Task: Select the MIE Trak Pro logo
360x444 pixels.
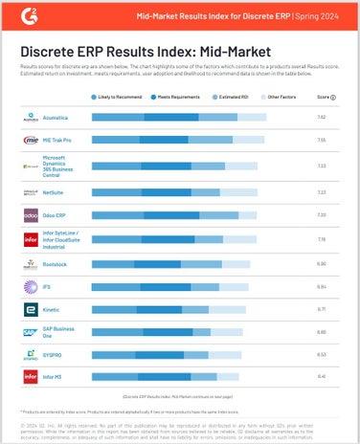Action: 29,141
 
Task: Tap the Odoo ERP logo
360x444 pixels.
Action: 29,215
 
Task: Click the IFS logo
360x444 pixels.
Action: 29,286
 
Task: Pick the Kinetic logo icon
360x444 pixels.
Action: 29,310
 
